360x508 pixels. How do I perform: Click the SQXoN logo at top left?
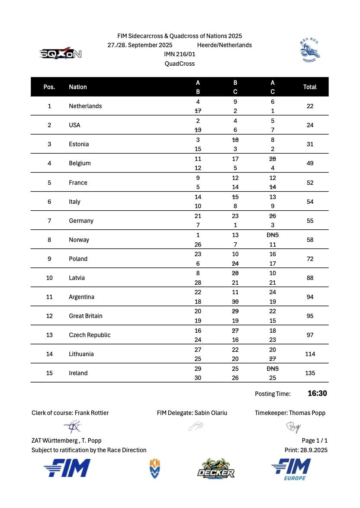point(61,54)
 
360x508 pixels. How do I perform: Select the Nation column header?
point(78,87)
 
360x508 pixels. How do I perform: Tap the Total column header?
point(310,87)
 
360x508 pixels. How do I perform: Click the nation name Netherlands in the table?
point(85,106)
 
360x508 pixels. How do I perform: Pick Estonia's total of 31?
point(310,144)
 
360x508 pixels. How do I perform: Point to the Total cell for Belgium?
point(310,163)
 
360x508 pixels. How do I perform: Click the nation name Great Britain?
point(86,316)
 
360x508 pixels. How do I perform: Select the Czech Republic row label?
point(90,335)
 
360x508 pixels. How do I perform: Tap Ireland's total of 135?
point(310,373)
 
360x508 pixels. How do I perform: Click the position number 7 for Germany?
point(49,221)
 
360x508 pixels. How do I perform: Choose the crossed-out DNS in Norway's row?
point(273,235)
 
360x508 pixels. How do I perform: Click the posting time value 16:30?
point(317,393)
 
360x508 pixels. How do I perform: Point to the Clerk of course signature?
point(72,427)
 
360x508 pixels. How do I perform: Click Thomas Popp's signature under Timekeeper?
point(293,427)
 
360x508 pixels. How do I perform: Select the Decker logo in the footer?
point(216,469)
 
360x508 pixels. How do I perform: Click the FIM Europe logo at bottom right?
point(291,469)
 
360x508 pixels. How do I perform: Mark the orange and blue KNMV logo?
point(154,469)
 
